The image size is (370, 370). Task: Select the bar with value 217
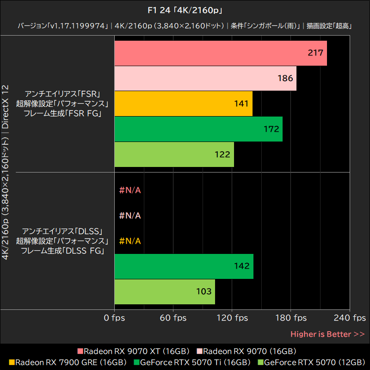[220, 53]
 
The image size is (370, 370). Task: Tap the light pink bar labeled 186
[205, 79]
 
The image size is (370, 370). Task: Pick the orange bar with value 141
[183, 104]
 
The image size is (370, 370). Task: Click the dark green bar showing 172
[198, 129]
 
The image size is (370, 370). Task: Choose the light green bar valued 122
[174, 154]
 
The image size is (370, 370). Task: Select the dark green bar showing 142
[184, 266]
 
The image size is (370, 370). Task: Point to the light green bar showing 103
[164, 291]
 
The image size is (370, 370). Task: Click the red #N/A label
[130, 190]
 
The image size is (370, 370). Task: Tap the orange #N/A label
[130, 241]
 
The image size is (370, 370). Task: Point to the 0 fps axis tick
[114, 318]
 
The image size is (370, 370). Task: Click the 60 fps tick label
[173, 318]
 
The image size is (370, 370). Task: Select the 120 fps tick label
[232, 318]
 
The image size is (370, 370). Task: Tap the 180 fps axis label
[290, 318]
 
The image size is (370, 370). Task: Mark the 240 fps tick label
[349, 318]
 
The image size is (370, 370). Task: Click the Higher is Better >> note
[327, 334]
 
